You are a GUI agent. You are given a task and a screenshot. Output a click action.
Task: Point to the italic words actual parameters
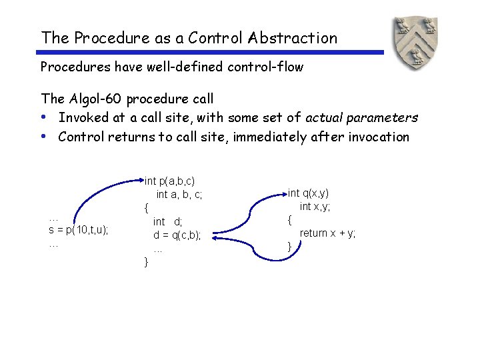pos(361,118)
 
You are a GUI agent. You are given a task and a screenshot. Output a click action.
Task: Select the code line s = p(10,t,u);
pos(79,230)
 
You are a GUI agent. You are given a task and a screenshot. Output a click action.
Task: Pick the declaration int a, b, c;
pos(179,195)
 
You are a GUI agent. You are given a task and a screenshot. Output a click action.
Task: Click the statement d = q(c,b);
pos(177,235)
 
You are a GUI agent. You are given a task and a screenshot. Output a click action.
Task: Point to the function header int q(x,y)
pos(308,193)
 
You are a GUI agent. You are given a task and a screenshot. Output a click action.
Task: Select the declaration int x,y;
pos(315,207)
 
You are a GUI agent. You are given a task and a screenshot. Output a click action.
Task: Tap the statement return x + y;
pos(327,233)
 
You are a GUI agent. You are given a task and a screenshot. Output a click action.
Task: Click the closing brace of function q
pos(289,247)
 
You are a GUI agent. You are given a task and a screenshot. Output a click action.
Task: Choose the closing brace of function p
pos(147,262)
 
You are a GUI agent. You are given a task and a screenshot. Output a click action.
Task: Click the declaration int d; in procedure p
pos(167,221)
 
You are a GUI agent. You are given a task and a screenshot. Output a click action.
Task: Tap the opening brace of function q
pos(289,219)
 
